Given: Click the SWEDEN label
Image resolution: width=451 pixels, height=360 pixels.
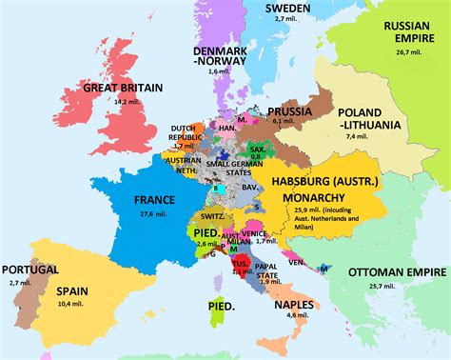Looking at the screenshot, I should click(280, 8).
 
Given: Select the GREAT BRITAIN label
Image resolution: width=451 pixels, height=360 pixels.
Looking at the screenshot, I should click(120, 87).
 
